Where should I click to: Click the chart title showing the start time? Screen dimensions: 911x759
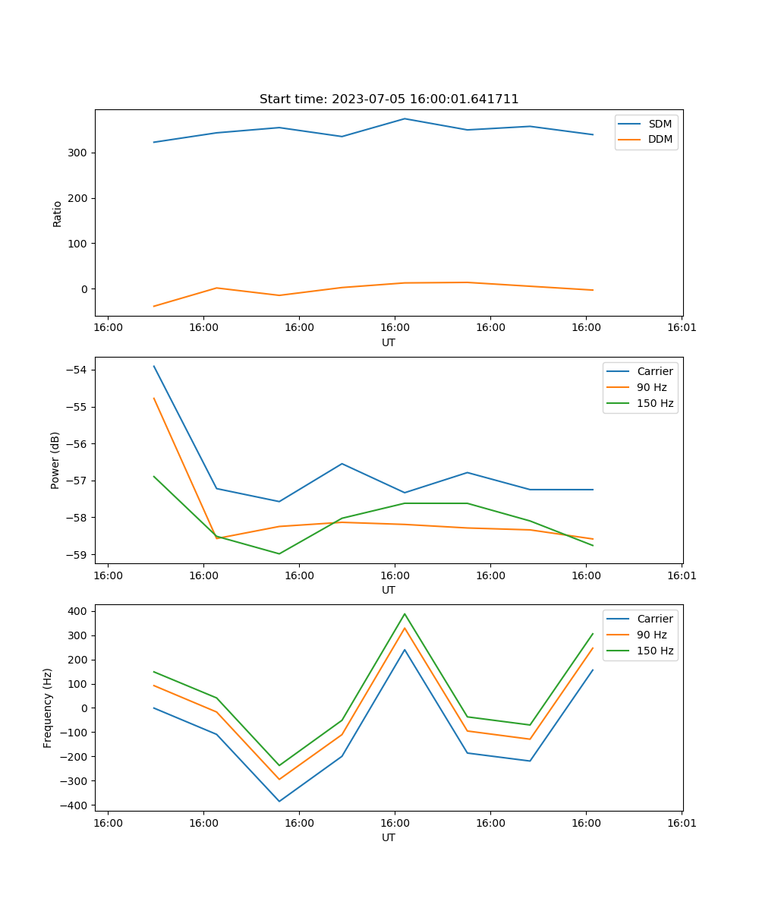tap(389, 99)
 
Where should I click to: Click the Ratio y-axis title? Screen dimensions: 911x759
tap(58, 213)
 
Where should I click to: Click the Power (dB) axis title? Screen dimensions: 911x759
tap(55, 461)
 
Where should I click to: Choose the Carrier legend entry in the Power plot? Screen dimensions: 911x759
tap(655, 371)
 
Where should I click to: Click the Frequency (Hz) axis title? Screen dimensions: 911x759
tap(48, 708)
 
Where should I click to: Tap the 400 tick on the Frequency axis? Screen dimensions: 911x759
tap(79, 611)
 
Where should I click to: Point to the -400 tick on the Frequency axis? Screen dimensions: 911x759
tap(76, 805)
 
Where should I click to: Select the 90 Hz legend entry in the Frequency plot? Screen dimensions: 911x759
tap(652, 635)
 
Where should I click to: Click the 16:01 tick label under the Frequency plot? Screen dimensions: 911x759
tap(682, 821)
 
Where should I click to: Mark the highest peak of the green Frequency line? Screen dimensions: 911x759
tap(405, 613)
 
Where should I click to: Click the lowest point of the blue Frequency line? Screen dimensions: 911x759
tap(279, 801)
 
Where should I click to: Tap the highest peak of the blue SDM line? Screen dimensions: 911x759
tap(405, 118)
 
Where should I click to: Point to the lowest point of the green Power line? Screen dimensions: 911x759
tap(279, 553)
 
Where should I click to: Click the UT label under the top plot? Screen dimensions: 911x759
tap(389, 342)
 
